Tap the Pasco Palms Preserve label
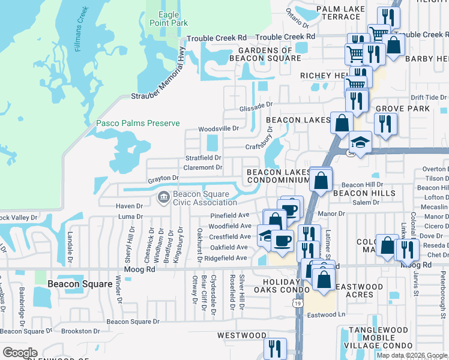(x=138, y=123)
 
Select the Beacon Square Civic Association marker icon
(x=163, y=197)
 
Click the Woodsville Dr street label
(x=218, y=128)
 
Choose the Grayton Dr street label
(x=163, y=178)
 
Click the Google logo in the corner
(x=20, y=353)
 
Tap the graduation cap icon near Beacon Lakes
(x=360, y=142)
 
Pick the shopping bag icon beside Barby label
(x=394, y=45)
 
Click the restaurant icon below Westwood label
(x=275, y=347)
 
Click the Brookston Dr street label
(x=80, y=331)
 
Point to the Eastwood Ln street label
(x=327, y=314)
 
